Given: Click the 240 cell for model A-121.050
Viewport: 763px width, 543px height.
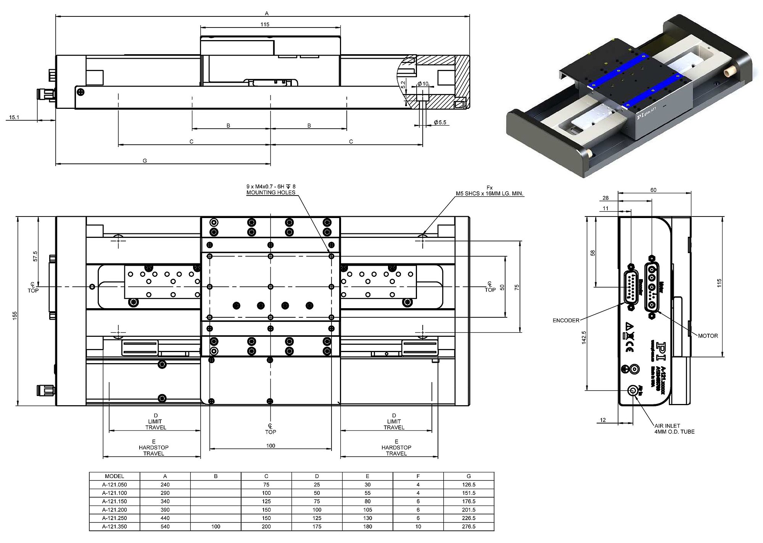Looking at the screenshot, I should [x=165, y=485].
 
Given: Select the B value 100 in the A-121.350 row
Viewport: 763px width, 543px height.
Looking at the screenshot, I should [x=216, y=527].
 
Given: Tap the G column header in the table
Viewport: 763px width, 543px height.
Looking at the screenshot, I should [x=468, y=476].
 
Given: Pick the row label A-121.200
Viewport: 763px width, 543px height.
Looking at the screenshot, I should [x=114, y=510].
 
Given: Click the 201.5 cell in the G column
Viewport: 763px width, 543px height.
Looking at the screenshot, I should [x=468, y=510].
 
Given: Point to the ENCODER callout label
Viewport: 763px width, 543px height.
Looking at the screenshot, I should [x=566, y=320].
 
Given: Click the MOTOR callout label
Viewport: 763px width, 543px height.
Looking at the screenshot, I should [x=708, y=336].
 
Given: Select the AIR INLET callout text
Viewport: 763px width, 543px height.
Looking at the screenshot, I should [x=667, y=426].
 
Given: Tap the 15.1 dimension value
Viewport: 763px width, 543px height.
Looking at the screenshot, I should [x=14, y=117].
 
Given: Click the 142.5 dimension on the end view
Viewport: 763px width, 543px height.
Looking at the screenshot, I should [x=584, y=338].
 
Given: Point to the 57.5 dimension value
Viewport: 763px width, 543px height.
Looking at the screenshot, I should [x=35, y=256].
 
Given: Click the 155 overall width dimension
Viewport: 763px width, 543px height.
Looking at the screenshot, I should [x=15, y=315].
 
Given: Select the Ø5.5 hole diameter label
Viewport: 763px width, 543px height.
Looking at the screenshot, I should [x=440, y=122].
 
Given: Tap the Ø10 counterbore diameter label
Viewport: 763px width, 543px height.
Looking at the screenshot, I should [x=423, y=84].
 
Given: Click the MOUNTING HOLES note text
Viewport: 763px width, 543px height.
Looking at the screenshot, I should [x=271, y=192].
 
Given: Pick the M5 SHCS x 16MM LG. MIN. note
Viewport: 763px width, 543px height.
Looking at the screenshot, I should [x=489, y=194].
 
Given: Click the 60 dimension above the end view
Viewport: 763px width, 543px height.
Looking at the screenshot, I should [x=653, y=190].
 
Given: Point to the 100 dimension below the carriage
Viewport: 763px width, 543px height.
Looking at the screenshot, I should [x=270, y=446].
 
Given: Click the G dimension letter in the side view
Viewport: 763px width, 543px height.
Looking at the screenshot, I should [x=145, y=161].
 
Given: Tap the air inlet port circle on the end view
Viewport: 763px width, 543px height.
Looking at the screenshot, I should [x=634, y=390].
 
